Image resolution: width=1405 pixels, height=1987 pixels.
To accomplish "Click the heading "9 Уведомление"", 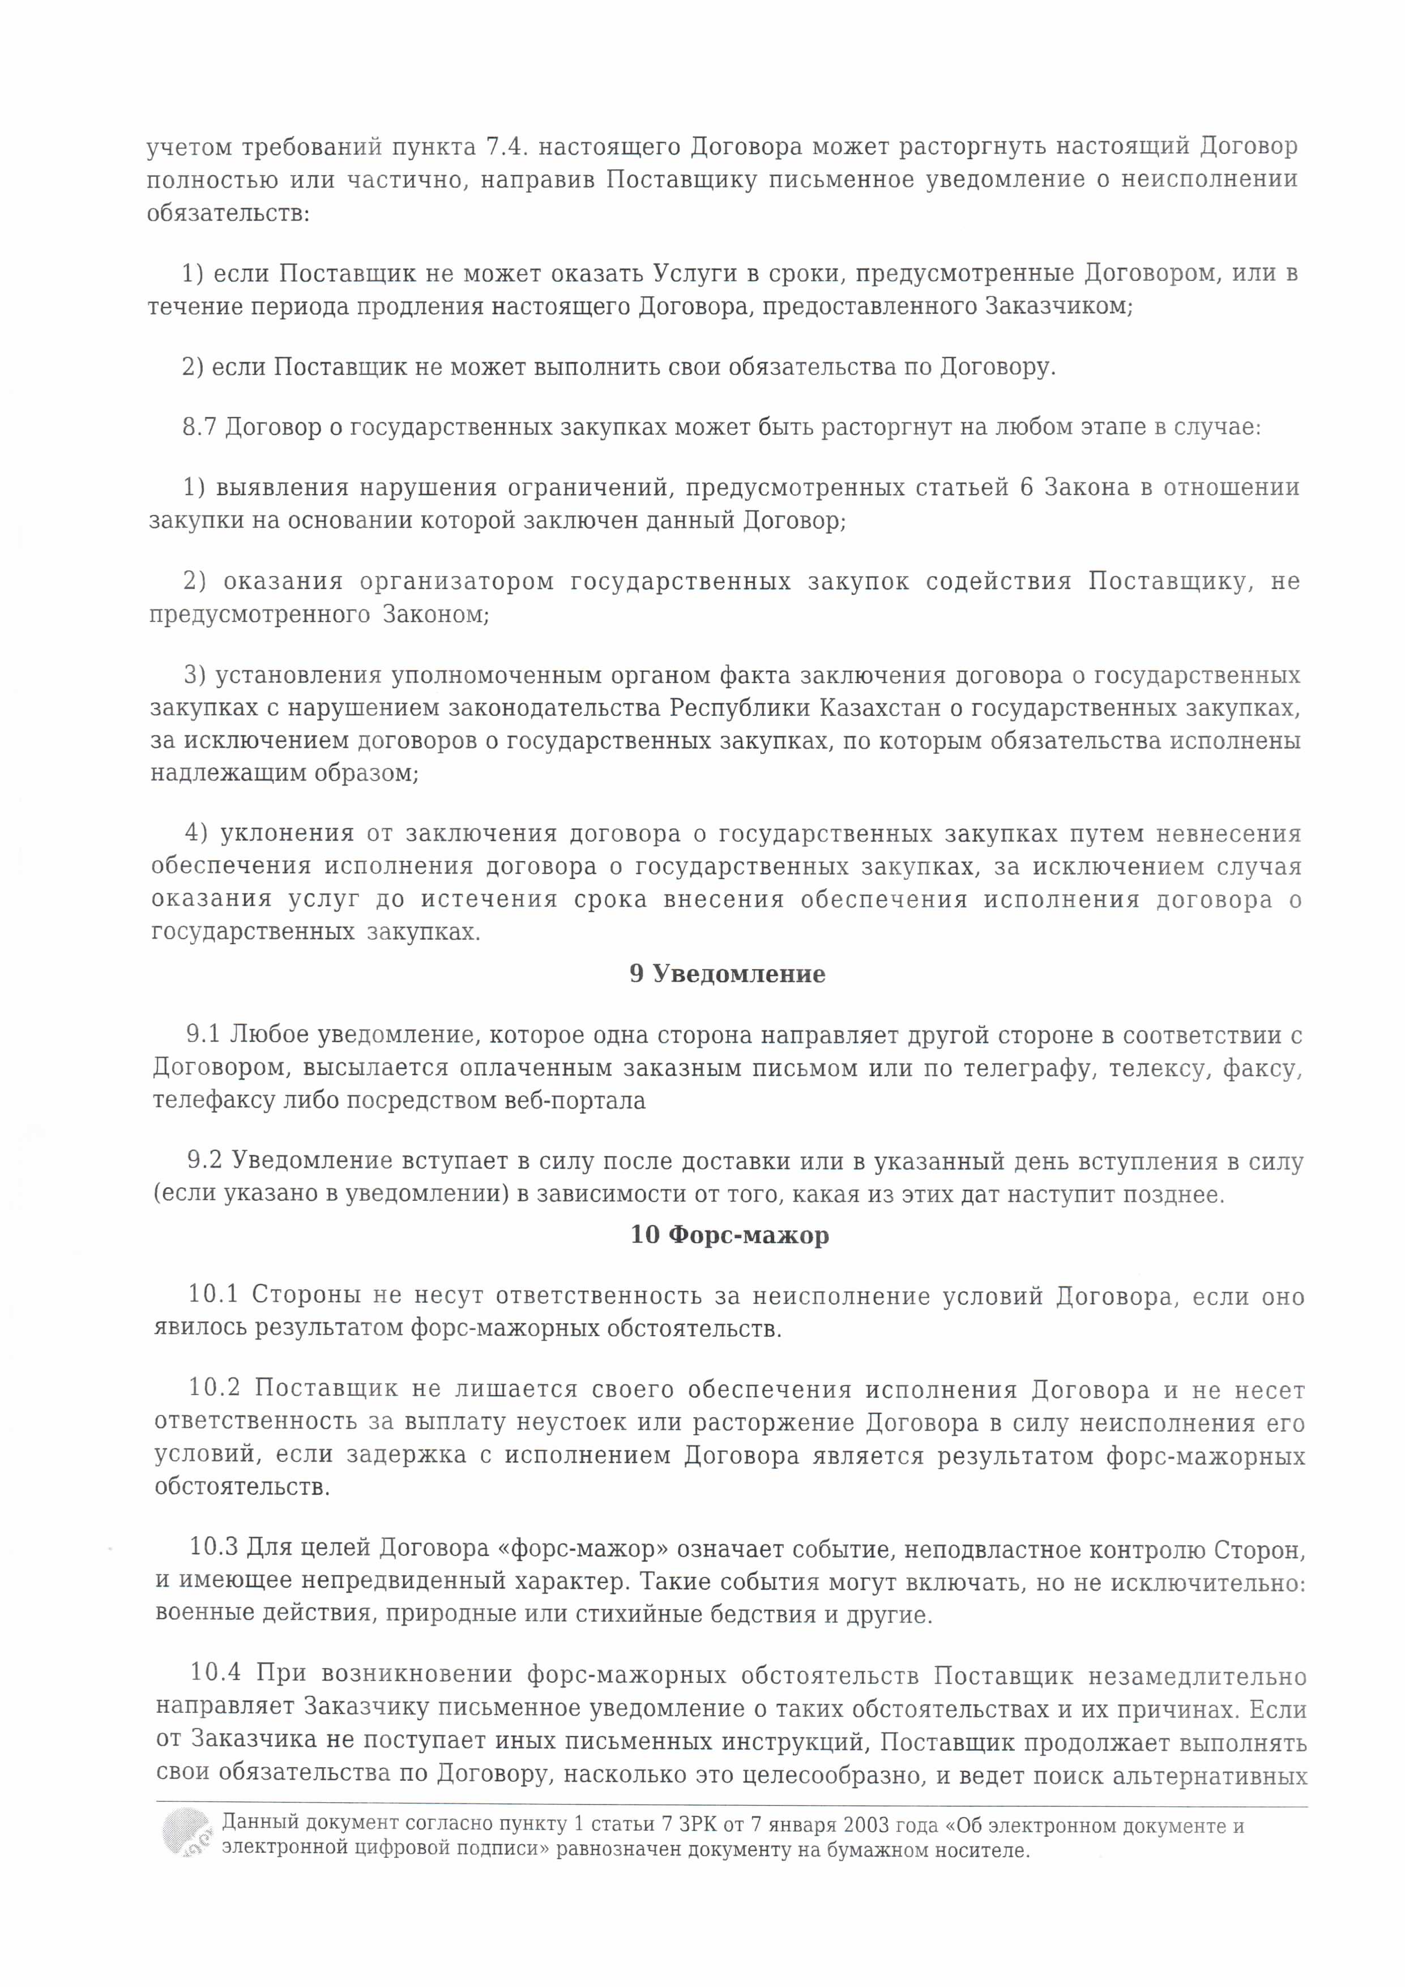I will click(727, 974).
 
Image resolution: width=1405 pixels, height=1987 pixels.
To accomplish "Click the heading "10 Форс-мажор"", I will click(729, 1235).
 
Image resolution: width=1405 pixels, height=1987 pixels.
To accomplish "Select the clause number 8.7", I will click(199, 428).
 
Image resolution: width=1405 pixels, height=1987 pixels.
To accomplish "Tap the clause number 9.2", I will click(205, 1162).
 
